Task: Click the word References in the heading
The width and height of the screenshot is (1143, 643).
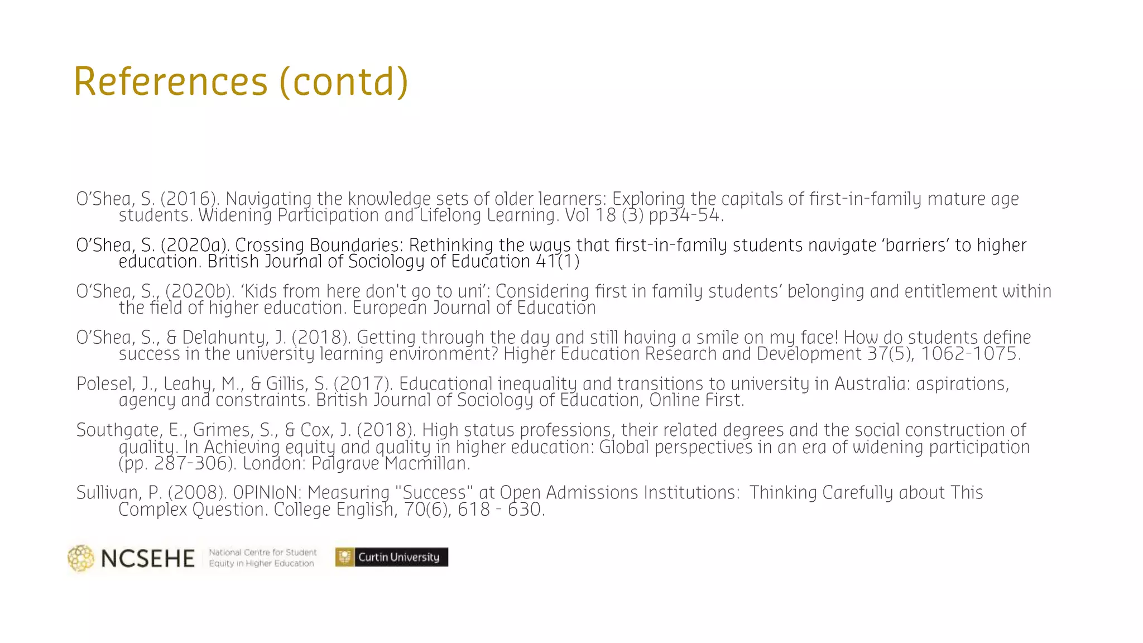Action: pyautogui.click(x=171, y=81)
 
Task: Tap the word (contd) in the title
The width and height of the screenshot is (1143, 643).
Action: pyautogui.click(x=344, y=82)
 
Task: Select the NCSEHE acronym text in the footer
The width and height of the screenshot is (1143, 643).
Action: pyautogui.click(x=148, y=558)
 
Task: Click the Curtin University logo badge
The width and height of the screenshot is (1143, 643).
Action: pyautogui.click(x=391, y=557)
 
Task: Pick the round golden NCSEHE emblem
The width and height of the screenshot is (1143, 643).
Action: pyautogui.click(x=81, y=558)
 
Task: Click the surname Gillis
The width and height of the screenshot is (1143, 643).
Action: pyautogui.click(x=288, y=384)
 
